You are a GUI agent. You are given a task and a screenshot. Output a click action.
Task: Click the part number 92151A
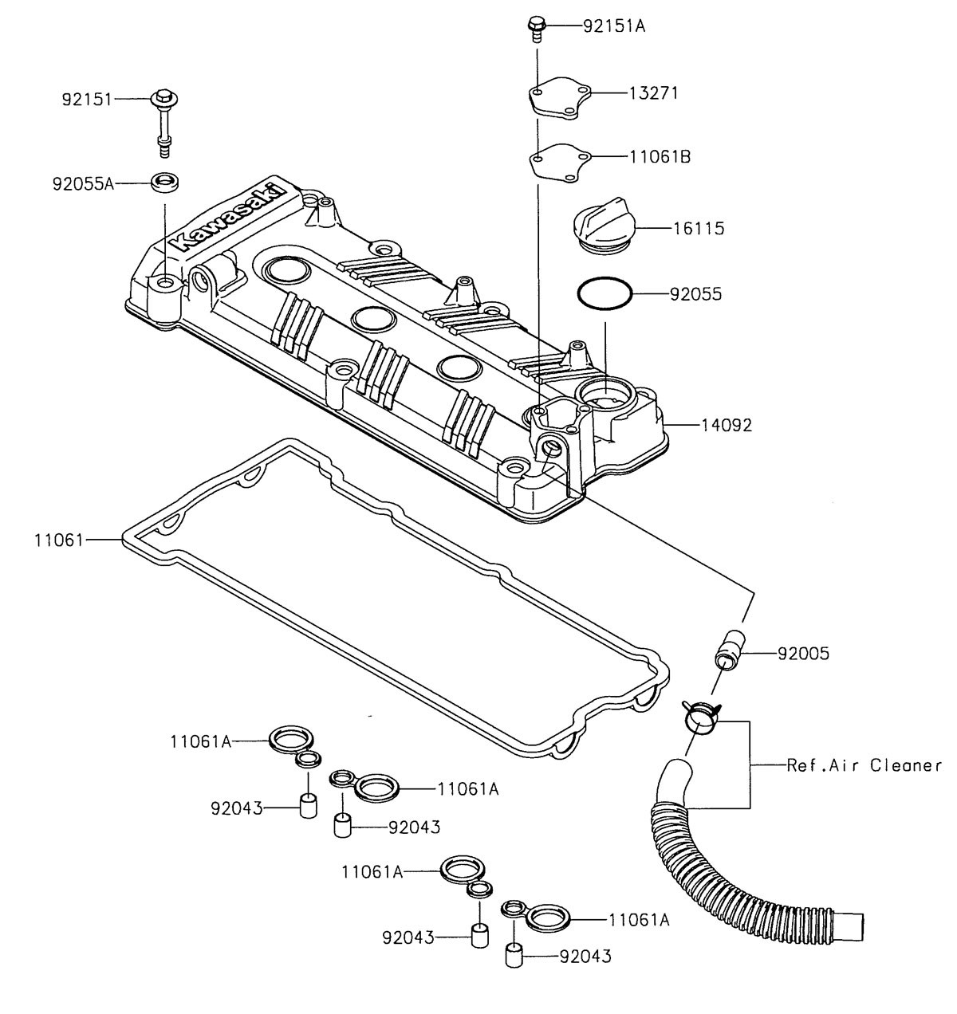[x=613, y=26]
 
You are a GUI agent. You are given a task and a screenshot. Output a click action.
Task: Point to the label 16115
[x=697, y=229]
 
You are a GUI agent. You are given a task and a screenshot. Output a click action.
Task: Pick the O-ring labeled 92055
[x=605, y=294]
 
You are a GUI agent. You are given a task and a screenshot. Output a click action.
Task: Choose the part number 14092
[x=726, y=426]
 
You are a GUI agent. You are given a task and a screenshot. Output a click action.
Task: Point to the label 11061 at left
[x=58, y=540]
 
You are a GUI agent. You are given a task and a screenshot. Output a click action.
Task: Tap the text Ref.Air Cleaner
[x=864, y=765]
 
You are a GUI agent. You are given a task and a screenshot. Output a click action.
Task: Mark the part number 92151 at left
[x=89, y=100]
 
